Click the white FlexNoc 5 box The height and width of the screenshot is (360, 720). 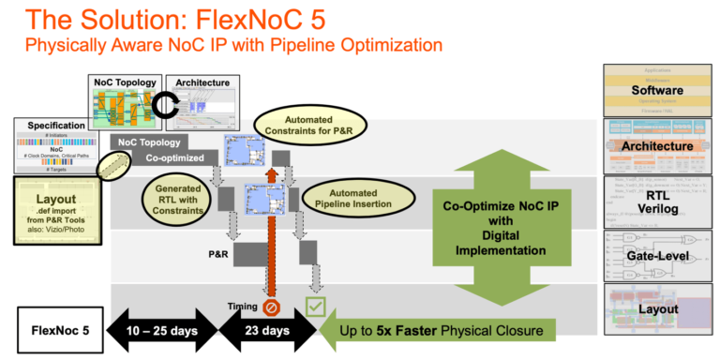[x=58, y=330]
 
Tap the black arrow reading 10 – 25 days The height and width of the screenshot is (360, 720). [x=165, y=330]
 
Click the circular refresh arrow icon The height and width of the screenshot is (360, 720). [x=166, y=109]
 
